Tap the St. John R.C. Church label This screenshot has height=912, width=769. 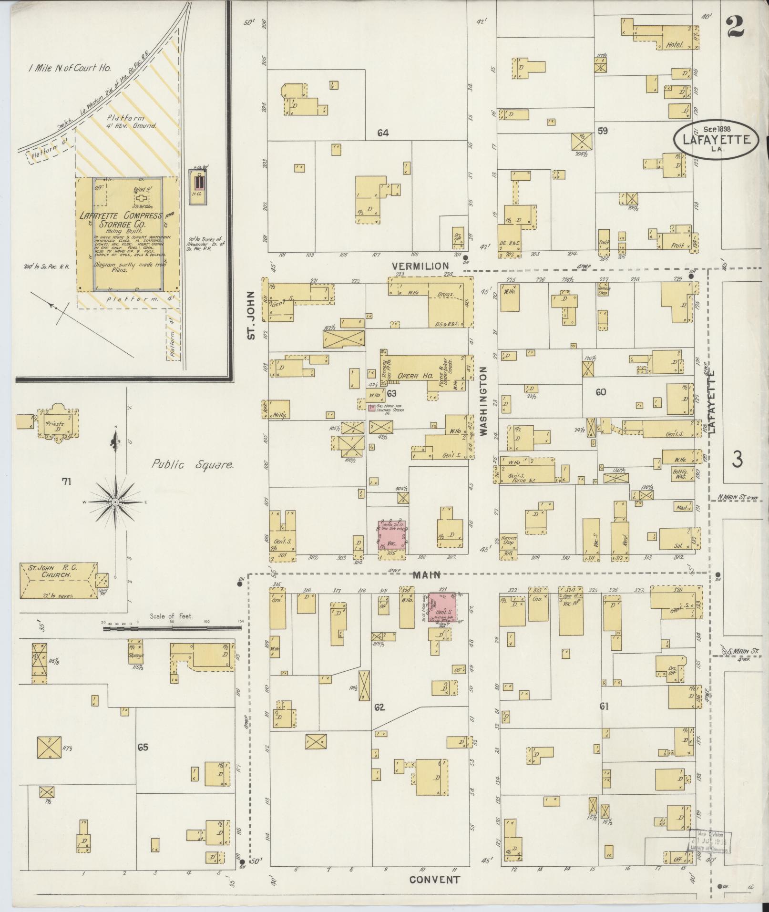tap(56, 572)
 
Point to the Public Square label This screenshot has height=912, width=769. tap(193, 464)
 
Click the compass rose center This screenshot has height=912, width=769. tap(115, 502)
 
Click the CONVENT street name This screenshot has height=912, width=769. tap(434, 880)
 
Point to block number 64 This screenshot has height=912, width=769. tap(383, 133)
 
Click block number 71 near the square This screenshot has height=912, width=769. tap(66, 482)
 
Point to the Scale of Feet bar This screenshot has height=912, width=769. tap(172, 628)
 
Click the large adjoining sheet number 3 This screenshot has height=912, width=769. tap(737, 460)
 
